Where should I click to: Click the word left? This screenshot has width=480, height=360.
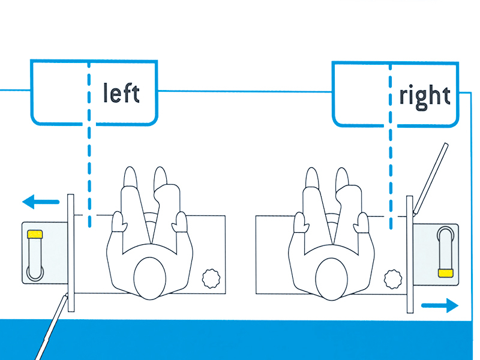tap(122, 92)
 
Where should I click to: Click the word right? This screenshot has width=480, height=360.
tap(425, 97)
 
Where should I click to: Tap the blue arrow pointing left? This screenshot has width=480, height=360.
tap(41, 202)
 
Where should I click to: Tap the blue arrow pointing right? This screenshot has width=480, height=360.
tap(440, 305)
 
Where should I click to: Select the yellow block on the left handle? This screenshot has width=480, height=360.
tap(35, 234)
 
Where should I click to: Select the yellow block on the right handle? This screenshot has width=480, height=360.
tap(445, 273)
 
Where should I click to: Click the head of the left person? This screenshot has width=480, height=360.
tap(149, 278)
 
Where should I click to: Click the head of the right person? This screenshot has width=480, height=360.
tap(332, 279)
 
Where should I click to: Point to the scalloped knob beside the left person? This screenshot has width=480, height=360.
tap(211, 278)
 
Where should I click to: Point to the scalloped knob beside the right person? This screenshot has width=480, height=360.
tap(393, 279)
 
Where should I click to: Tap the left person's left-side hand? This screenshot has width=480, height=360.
tap(119, 221)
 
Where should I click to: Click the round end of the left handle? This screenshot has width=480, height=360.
tap(35, 272)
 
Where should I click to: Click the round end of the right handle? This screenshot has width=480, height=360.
tap(445, 235)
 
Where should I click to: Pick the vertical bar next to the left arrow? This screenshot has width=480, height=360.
tap(71, 253)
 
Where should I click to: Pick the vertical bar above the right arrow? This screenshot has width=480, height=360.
tap(410, 254)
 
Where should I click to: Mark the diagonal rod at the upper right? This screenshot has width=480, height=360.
tap(430, 179)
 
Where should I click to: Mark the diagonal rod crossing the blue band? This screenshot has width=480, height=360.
tap(50, 326)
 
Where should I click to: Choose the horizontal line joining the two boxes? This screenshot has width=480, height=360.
tap(245, 91)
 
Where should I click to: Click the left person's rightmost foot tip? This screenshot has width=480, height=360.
tap(160, 175)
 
